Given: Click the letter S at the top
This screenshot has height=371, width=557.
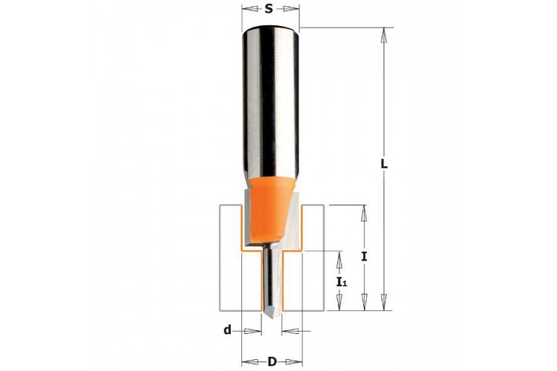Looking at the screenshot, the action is [270, 8].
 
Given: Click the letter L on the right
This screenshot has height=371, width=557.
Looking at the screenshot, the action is [384, 164].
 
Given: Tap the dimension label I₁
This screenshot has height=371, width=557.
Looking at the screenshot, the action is [342, 282].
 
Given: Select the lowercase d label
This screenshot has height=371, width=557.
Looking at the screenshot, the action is [227, 330].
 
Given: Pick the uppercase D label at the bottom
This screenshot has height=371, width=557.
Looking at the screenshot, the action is [272, 362].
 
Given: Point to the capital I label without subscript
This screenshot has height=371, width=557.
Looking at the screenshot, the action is [364, 256].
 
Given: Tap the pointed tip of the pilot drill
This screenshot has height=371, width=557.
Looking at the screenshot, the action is [272, 318].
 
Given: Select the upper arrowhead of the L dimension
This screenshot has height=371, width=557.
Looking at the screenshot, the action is [384, 35].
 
